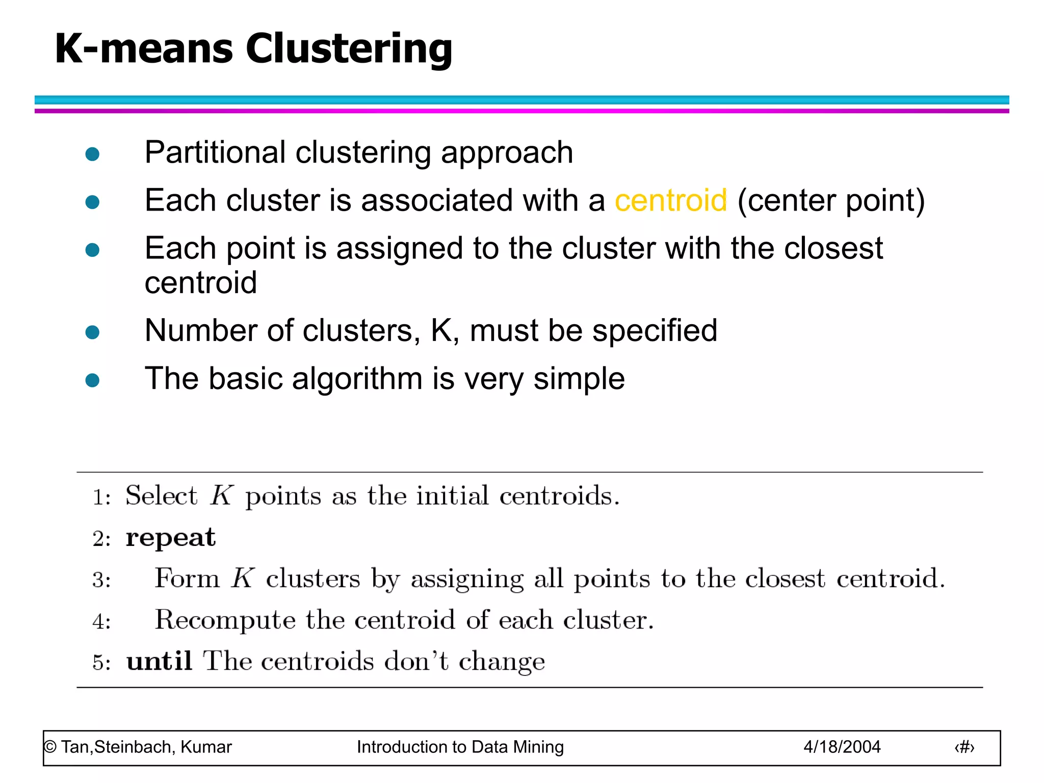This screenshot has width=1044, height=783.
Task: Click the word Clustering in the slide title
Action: [x=349, y=49]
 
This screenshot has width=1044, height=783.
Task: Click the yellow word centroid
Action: [x=670, y=200]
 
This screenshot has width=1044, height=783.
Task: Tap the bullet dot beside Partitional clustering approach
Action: [x=92, y=154]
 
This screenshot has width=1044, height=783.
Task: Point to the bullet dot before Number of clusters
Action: [x=92, y=332]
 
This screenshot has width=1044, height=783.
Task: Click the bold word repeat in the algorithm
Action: [x=171, y=538]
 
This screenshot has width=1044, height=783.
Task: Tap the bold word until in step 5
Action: [x=159, y=661]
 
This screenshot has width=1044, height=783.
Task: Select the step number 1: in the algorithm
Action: [x=101, y=497]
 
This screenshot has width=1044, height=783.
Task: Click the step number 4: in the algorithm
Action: [x=101, y=621]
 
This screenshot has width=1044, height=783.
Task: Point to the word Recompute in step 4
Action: [x=225, y=620]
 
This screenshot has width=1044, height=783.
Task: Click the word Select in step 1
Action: [x=161, y=495]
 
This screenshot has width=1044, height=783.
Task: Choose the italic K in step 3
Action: [x=243, y=579]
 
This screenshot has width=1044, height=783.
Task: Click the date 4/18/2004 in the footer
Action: [x=842, y=747]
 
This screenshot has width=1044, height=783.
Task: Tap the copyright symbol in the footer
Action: [x=50, y=747]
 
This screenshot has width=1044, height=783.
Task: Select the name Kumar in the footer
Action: [x=206, y=747]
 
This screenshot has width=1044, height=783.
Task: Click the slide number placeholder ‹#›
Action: [x=964, y=747]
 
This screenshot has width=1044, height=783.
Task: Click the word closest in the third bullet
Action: [x=833, y=248]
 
